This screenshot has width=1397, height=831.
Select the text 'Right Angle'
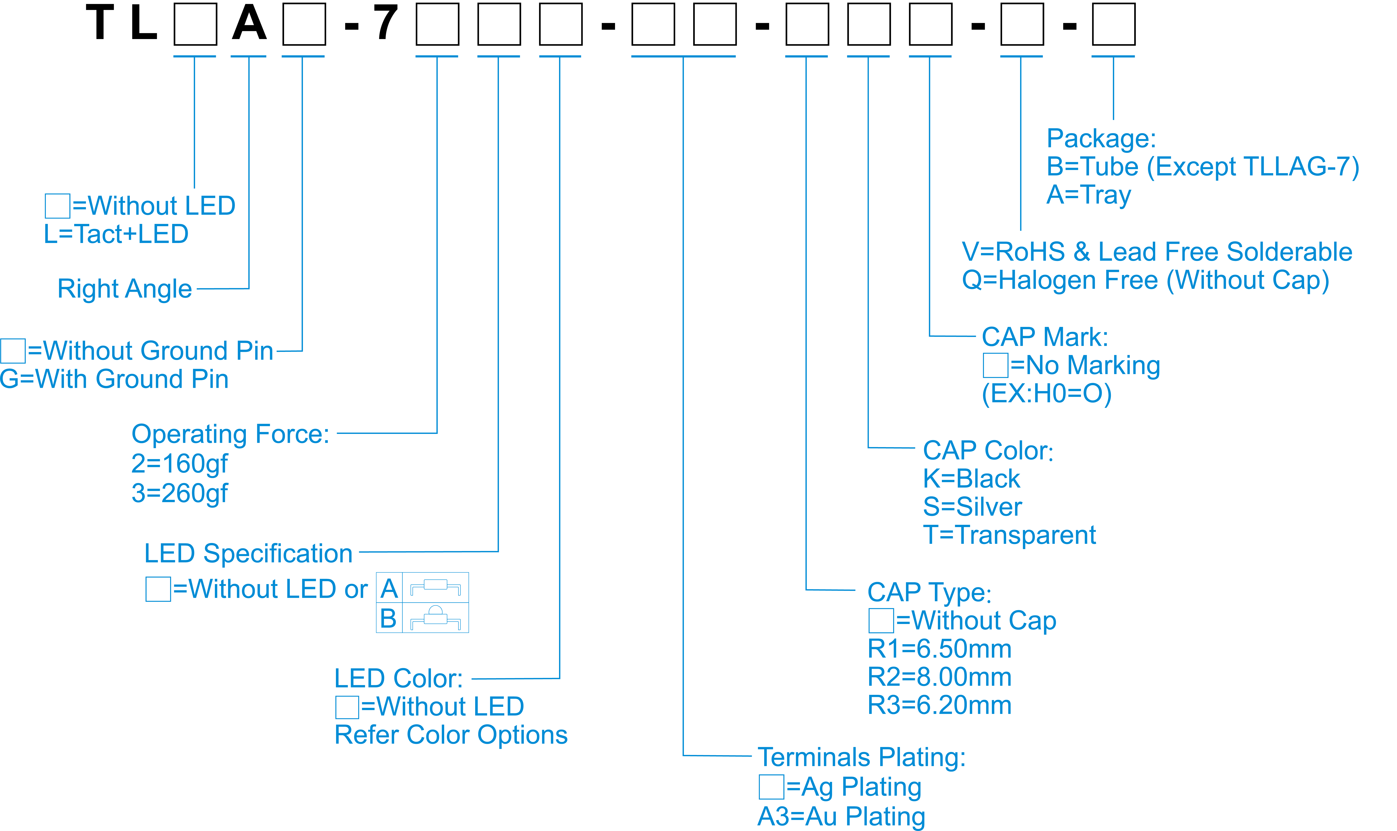point(124,289)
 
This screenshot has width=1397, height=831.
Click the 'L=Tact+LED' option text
point(116,234)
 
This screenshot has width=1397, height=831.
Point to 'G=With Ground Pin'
point(114,379)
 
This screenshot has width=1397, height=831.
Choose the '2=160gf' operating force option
point(179,464)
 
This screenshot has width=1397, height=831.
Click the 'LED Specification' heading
point(248,553)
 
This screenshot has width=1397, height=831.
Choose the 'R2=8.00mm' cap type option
point(939,677)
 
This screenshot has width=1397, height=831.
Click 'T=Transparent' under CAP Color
point(1009,535)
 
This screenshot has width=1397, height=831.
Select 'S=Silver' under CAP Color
point(972,507)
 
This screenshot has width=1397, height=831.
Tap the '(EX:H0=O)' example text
point(1046,394)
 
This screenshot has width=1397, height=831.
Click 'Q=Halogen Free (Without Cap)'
point(1145,280)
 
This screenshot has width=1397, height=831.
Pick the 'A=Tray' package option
point(1089,195)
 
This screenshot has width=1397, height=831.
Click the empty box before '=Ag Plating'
point(771,787)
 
